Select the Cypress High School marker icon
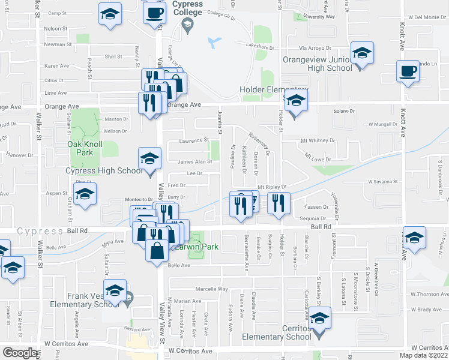coord(150,159)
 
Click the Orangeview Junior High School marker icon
coord(362,53)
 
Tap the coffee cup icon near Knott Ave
coord(408,71)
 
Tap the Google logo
coord(20,353)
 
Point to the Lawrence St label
coord(193,141)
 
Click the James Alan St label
coord(195,161)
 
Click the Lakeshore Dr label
coord(259,45)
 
